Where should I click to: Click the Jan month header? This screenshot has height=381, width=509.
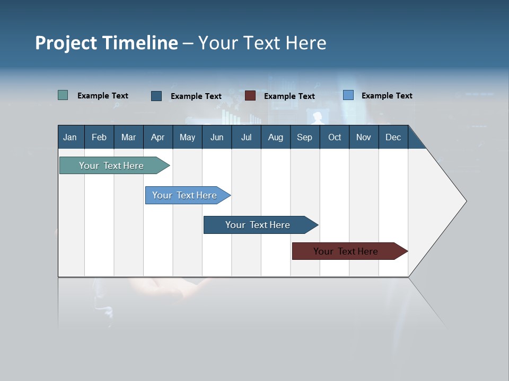click(x=71, y=137)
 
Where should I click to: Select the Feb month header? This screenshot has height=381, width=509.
click(x=99, y=137)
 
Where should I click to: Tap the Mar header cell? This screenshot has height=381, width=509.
click(x=128, y=137)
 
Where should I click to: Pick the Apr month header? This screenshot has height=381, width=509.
click(x=157, y=137)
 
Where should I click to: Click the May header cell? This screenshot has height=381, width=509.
click(x=187, y=137)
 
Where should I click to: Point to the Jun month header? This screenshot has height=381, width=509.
click(x=217, y=137)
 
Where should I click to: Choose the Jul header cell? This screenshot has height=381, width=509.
click(x=246, y=137)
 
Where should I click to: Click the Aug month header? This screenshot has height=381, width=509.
click(x=275, y=137)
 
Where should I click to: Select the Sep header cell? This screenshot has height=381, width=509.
click(x=304, y=137)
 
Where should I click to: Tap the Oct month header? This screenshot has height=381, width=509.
click(x=335, y=137)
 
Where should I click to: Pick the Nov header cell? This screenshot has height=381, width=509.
click(x=364, y=137)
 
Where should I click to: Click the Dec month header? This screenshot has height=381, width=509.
click(x=393, y=137)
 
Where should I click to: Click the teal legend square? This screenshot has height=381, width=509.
click(x=63, y=95)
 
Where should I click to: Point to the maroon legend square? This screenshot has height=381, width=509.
click(x=250, y=96)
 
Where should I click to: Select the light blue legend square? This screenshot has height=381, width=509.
click(x=348, y=95)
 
